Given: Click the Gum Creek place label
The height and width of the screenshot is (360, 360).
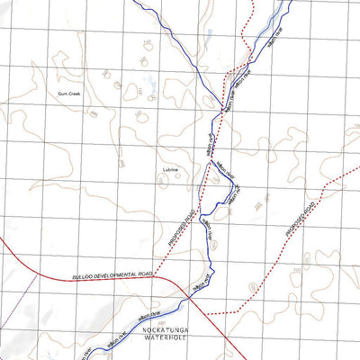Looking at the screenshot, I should tap(68, 94).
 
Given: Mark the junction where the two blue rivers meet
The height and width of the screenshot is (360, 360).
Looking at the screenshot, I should tap(223, 111).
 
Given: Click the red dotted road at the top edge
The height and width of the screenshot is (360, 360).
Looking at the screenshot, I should tap(255, 4).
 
